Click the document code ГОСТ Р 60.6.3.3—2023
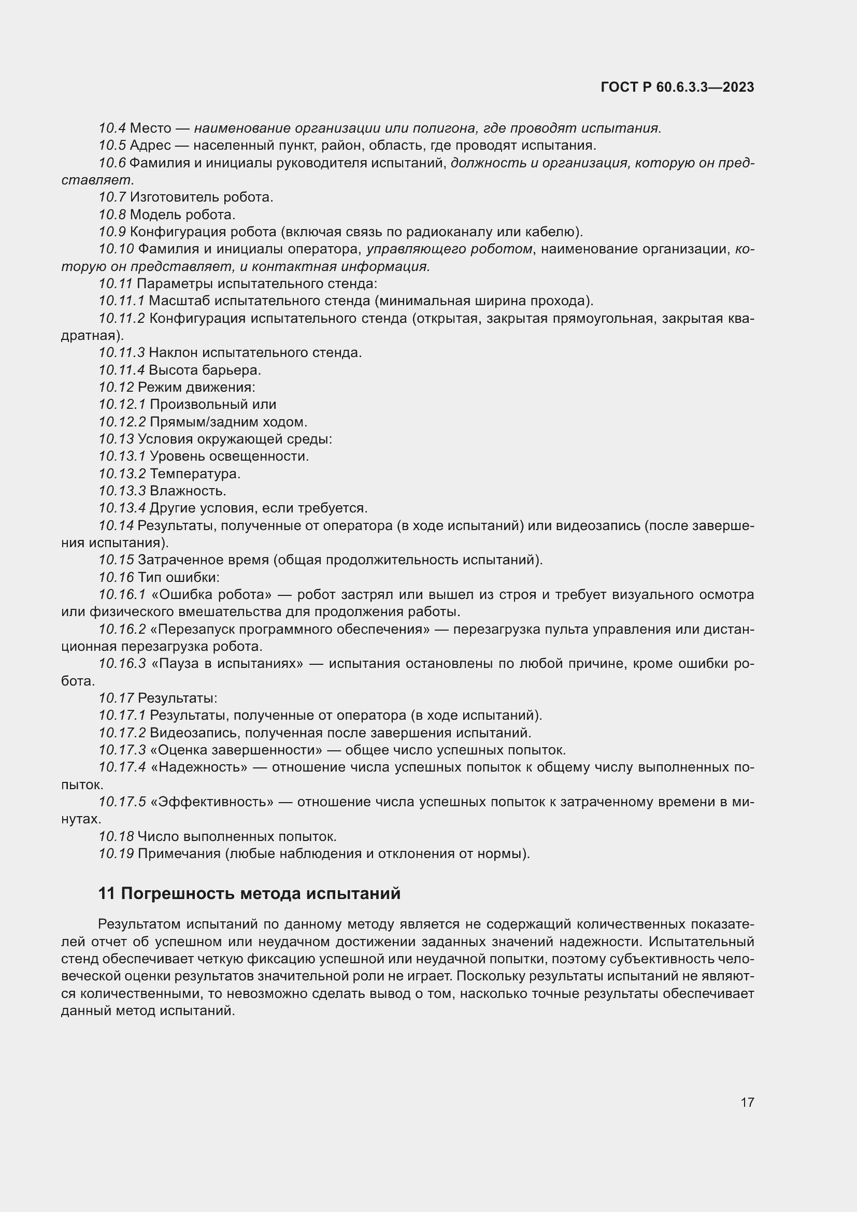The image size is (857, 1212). (677, 87)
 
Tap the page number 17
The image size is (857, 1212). (747, 1102)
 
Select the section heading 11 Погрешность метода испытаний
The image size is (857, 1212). (249, 893)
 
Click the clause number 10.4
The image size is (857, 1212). (112, 129)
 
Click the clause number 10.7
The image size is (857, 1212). (112, 197)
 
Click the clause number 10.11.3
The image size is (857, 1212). (121, 353)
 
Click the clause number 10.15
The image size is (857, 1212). (116, 560)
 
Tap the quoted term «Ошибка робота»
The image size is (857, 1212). (211, 595)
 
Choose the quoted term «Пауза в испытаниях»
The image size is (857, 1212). (227, 664)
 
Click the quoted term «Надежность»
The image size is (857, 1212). (199, 767)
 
